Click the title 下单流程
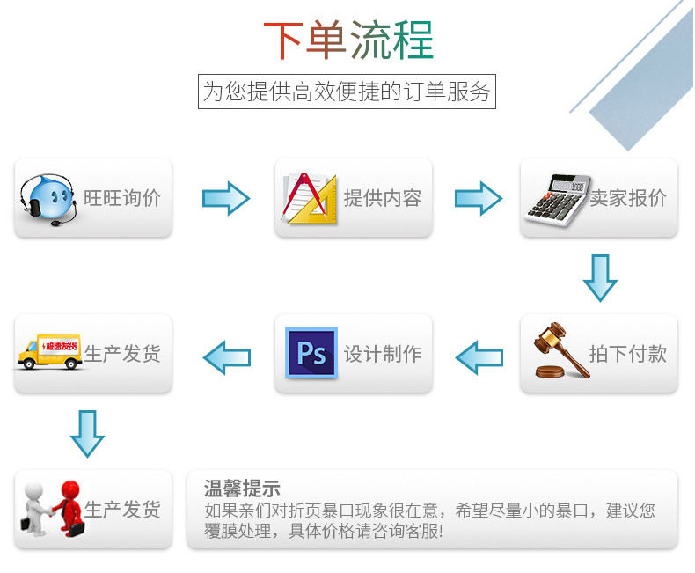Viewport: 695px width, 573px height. click(348, 40)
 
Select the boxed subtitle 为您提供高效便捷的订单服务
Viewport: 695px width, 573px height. click(347, 92)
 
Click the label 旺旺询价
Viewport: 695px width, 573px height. click(122, 198)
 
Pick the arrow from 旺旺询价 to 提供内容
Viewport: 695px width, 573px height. click(226, 198)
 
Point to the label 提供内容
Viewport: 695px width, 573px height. click(383, 198)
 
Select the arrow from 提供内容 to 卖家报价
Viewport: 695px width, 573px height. click(478, 198)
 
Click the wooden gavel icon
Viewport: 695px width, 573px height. click(560, 353)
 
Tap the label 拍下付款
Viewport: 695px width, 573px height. click(628, 354)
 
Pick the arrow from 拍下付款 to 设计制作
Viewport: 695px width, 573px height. click(479, 356)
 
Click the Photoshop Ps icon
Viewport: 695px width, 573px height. click(311, 354)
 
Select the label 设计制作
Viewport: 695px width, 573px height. click(383, 354)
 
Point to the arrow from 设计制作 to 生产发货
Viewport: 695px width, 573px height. click(226, 356)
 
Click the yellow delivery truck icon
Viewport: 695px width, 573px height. click(49, 352)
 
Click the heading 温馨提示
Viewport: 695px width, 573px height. click(242, 489)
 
